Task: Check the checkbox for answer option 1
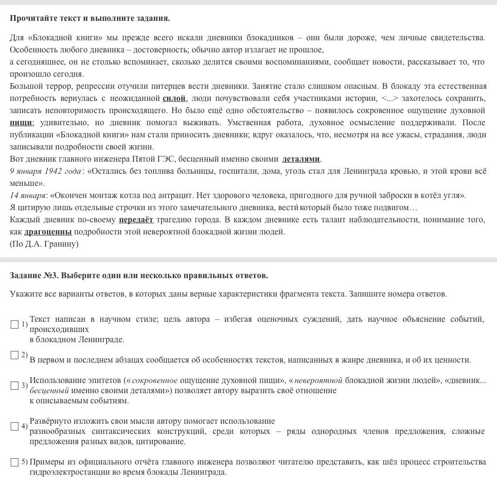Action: pyautogui.click(x=15, y=324)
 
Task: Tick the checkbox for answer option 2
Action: pyautogui.click(x=15, y=355)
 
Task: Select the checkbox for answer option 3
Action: pyautogui.click(x=15, y=385)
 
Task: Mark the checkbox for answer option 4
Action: pyautogui.click(x=15, y=426)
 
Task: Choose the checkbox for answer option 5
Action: pyautogui.click(x=15, y=462)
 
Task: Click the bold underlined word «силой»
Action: pyautogui.click(x=174, y=99)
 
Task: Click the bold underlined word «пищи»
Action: pyautogui.click(x=21, y=123)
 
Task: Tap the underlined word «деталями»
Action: pyautogui.click(x=301, y=159)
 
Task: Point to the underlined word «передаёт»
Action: pyautogui.click(x=136, y=220)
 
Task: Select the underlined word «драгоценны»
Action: pyautogui.click(x=48, y=232)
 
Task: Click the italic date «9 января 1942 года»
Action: pyautogui.click(x=45, y=171)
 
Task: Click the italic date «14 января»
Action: pyautogui.click(x=28, y=196)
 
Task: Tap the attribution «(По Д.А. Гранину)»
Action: pyautogui.click(x=44, y=244)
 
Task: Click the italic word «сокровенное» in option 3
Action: pyautogui.click(x=154, y=381)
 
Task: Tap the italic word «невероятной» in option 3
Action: pyautogui.click(x=318, y=381)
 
